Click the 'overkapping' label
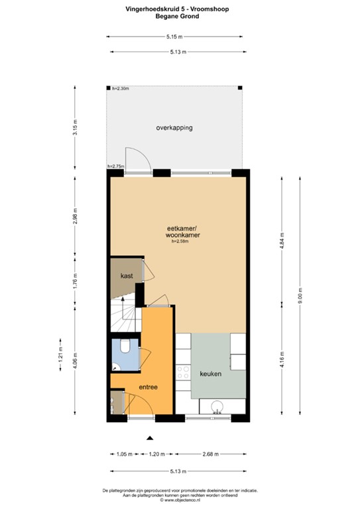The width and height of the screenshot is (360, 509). click(x=174, y=127)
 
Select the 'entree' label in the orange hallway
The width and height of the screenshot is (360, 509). click(x=147, y=387)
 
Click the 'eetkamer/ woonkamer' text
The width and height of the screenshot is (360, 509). click(x=183, y=231)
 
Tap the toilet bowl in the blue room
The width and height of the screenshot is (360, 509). click(x=125, y=347)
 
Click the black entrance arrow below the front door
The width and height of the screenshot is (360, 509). click(x=150, y=438)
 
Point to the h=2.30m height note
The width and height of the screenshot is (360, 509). click(x=120, y=89)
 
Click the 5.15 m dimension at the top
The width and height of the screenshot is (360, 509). click(x=175, y=37)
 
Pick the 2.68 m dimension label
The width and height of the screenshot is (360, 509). click(x=211, y=454)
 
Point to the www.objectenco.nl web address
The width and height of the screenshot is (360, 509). click(x=180, y=500)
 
